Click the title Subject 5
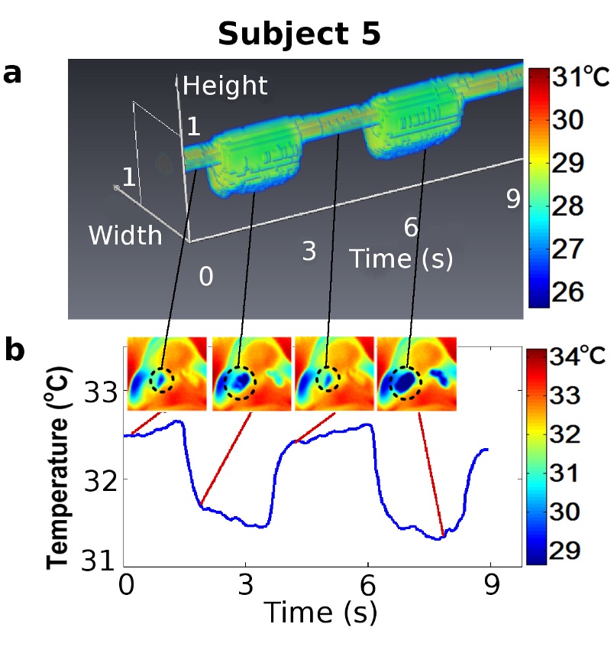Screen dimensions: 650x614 299,34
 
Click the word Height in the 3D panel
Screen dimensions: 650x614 225,86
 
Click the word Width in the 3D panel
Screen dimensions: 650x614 125,236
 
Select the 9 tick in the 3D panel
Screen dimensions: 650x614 513,200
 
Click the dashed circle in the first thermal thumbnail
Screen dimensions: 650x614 161,379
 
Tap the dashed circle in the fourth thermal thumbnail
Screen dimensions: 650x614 405,381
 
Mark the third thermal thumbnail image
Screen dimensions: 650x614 333,374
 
